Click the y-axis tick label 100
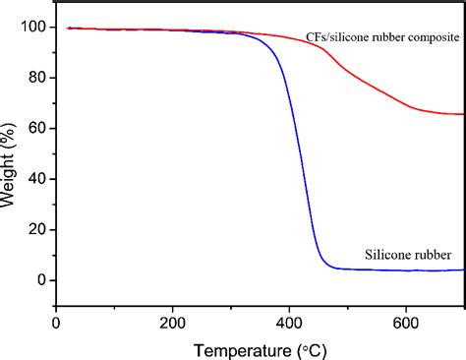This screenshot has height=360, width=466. (x=32, y=27)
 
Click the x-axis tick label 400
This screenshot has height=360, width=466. (x=289, y=321)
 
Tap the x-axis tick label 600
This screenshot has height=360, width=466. (x=405, y=321)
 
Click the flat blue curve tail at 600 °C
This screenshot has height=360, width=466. (x=405, y=270)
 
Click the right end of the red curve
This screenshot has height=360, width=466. (x=463, y=114)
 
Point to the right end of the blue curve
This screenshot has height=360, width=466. (x=463, y=270)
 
